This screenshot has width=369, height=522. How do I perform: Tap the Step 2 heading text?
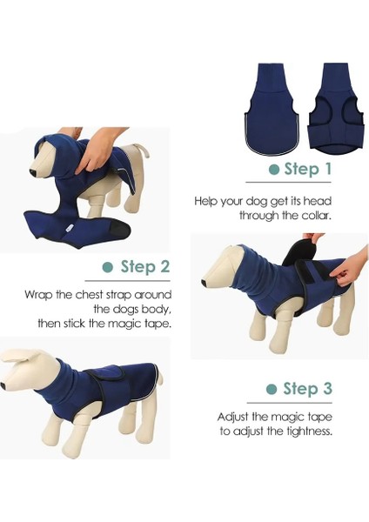click(144, 266)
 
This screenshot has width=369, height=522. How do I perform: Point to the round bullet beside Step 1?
click(273, 170)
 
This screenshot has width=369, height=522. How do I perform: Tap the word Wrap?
click(40, 294)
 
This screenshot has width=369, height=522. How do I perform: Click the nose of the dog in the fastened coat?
click(3, 384)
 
